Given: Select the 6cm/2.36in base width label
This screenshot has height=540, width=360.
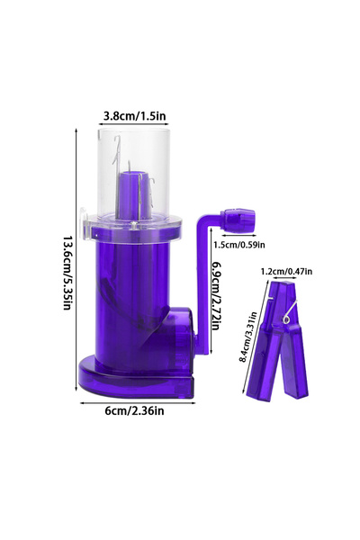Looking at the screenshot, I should [132, 412].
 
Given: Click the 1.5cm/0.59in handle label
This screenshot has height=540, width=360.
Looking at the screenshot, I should [238, 243].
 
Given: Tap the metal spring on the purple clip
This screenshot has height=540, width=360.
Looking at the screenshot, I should [287, 313].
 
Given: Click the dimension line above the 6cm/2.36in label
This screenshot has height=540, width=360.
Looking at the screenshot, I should [134, 400].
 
